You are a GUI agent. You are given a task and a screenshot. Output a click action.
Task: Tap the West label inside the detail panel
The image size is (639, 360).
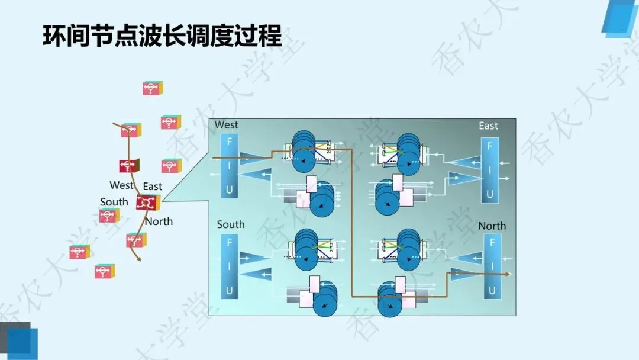pyautogui.click(x=226, y=125)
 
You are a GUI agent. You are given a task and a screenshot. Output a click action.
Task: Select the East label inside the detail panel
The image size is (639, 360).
pyautogui.click(x=488, y=126)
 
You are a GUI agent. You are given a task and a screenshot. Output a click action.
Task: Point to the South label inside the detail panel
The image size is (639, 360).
pyautogui.click(x=230, y=224)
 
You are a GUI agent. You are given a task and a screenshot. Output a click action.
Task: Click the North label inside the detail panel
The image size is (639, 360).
pyautogui.click(x=492, y=226)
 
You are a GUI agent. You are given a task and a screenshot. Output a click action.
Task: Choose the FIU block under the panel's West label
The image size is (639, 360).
pyautogui.click(x=229, y=166)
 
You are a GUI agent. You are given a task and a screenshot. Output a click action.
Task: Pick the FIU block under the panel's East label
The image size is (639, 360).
pyautogui.click(x=489, y=169)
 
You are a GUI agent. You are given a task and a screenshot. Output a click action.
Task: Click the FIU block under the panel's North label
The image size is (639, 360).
pyautogui.click(x=492, y=266)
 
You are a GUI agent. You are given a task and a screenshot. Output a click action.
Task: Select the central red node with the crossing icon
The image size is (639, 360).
pyautogui.click(x=145, y=202)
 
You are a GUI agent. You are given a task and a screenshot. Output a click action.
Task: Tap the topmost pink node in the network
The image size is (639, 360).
pyautogui.click(x=152, y=88)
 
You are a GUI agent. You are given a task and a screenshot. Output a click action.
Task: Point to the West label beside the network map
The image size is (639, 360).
pyautogui.click(x=121, y=185)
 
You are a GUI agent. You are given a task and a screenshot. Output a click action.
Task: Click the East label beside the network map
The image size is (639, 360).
pyautogui.click(x=152, y=187)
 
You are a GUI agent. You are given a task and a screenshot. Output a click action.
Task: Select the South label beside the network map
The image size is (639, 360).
pyautogui.click(x=114, y=202)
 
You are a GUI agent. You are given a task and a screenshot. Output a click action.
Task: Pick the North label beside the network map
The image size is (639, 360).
pyautogui.click(x=159, y=221)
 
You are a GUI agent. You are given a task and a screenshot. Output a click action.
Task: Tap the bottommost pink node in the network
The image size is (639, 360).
pyautogui.click(x=104, y=272)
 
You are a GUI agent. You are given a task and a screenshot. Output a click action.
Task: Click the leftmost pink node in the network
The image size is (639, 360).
pyautogui.click(x=79, y=252)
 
